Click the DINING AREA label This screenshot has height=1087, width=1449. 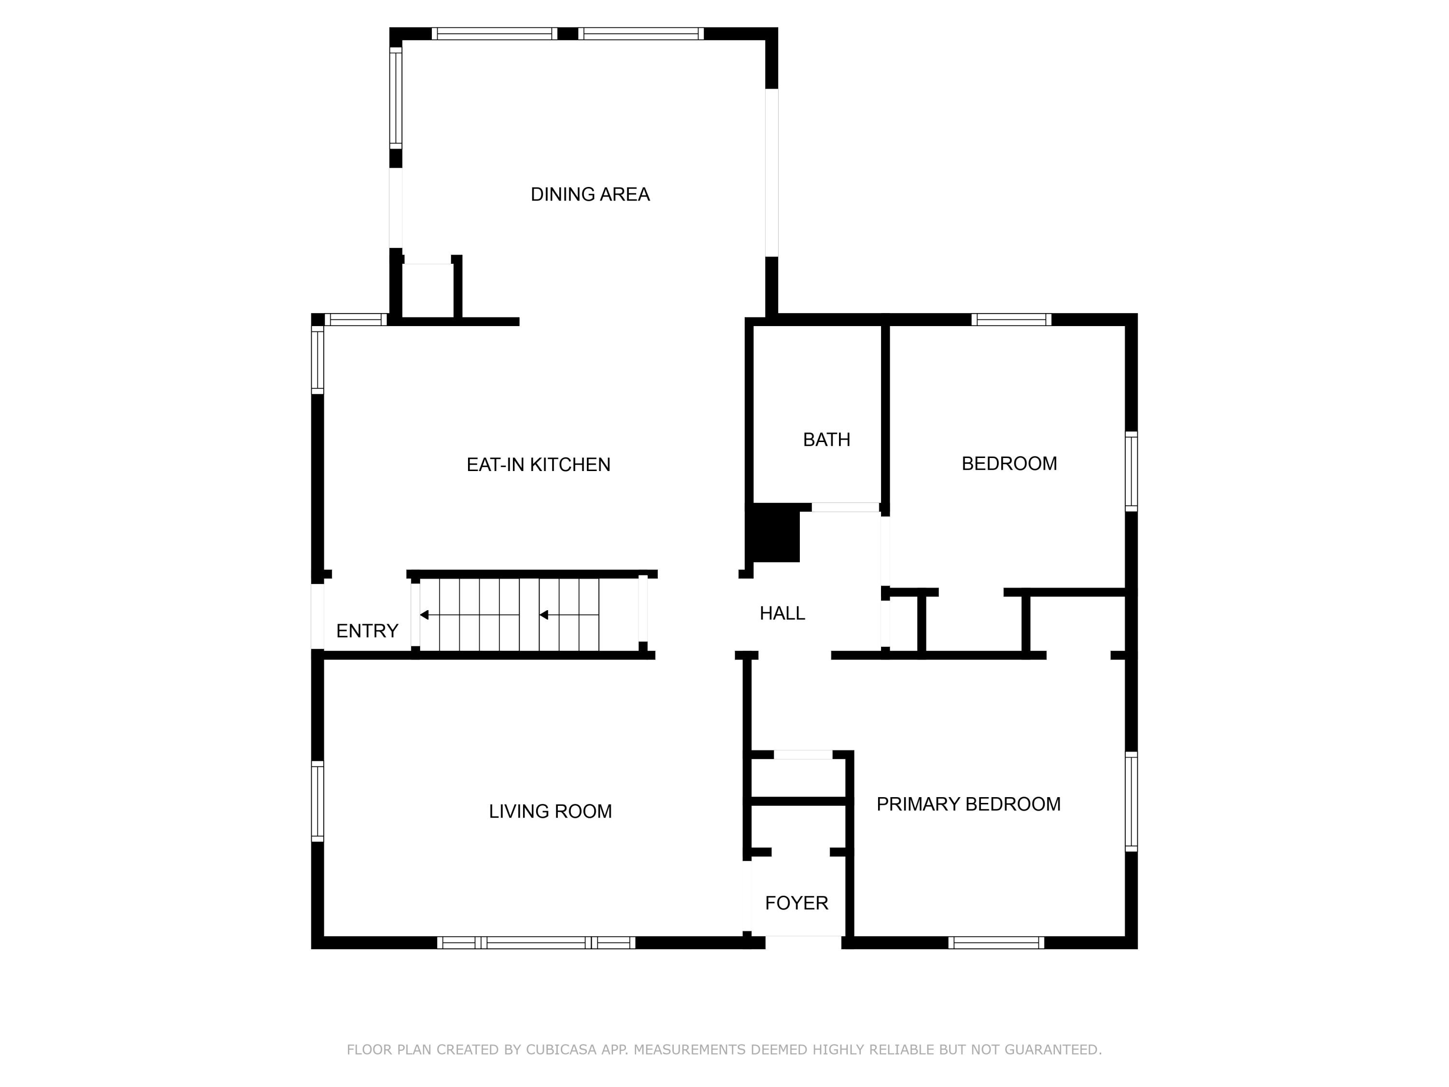coord(590,195)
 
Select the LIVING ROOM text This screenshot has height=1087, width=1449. coord(550,811)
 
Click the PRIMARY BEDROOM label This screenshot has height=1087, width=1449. coord(968,804)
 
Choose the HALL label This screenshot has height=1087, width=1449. coord(782,613)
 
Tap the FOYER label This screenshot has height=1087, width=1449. coord(796,903)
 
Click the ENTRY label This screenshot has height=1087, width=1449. coord(367,631)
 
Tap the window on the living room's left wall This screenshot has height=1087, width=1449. coord(317,801)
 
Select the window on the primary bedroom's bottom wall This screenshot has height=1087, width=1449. coord(995,943)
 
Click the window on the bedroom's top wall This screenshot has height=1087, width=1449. coord(1011,320)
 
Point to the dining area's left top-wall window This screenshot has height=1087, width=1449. coord(494,33)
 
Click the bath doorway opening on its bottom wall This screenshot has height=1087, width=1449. coord(845,507)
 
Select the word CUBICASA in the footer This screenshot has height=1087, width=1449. coord(561,1050)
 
